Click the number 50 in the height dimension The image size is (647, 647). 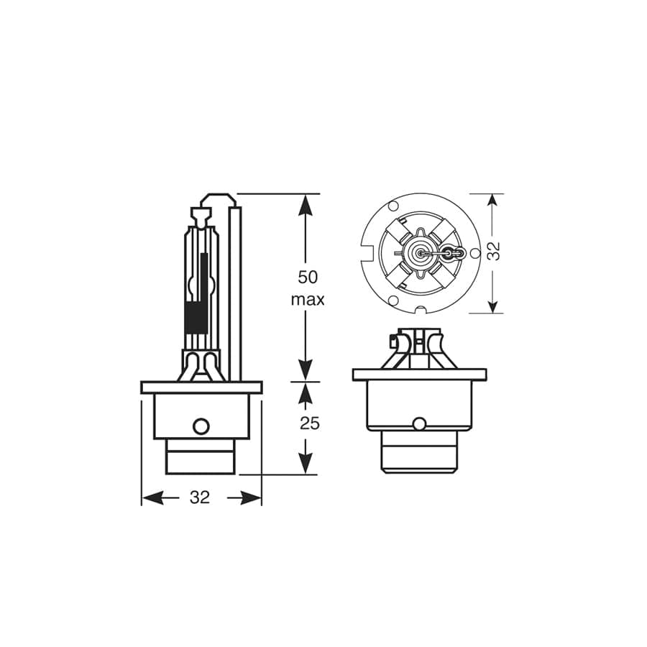pyautogui.click(x=307, y=277)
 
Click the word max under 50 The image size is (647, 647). pyautogui.click(x=307, y=299)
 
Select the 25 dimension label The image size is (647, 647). pyautogui.click(x=309, y=423)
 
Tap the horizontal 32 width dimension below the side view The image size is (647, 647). pyautogui.click(x=200, y=497)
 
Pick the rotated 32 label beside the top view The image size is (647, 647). pyautogui.click(x=494, y=251)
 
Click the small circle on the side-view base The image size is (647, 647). pyautogui.click(x=201, y=426)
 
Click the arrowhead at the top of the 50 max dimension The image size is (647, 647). pyautogui.click(x=306, y=204)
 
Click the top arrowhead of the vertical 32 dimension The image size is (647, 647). pyautogui.click(x=492, y=202)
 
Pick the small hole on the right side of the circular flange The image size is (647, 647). pyautogui.click(x=474, y=253)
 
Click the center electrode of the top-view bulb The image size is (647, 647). pyautogui.click(x=420, y=253)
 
